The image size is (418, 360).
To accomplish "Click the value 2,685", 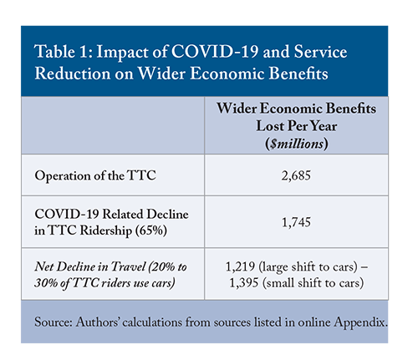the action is coord(296,175).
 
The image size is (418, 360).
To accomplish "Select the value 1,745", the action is coord(296,222).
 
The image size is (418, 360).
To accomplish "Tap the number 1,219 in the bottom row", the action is coord(240,266).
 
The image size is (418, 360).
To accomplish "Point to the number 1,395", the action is coord(244,283).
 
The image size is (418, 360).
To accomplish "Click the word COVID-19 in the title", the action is coord(215,52).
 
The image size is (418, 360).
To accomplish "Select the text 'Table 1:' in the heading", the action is coord(64,52).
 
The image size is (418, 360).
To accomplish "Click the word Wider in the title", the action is coord(161,74).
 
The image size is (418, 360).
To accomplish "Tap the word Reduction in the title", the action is coord(73,74).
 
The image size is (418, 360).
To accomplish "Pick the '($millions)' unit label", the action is coord(297,144).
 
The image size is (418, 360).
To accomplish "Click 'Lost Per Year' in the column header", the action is coord(297,126).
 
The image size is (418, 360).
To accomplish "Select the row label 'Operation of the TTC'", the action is coord(95,175).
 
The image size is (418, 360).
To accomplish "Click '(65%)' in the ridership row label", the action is coord(150,231).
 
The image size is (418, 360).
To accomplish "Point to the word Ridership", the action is coord(106,231).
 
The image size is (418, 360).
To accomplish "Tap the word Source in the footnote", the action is coord(54,322).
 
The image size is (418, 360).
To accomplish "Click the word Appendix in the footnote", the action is coord(360,322).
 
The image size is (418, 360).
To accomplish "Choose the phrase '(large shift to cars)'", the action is coord(308,267).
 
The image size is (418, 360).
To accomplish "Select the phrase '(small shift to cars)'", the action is coord(313,283).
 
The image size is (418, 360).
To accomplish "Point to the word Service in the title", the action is coord(320,52).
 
